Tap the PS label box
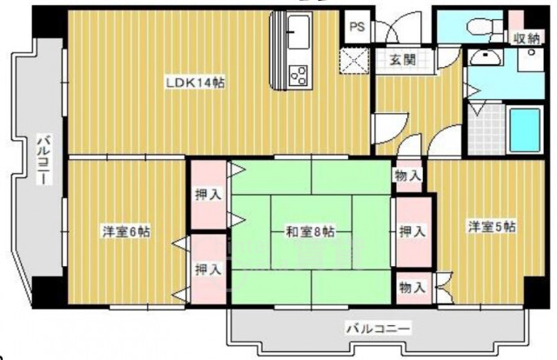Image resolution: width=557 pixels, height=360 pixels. (x=356, y=27)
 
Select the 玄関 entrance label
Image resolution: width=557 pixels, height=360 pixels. (x=401, y=59)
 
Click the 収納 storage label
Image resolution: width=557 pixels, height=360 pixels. (x=525, y=37)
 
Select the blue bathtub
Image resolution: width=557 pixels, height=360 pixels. (x=525, y=129)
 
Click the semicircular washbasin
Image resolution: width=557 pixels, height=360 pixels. (x=481, y=58)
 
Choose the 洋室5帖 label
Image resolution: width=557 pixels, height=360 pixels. (x=492, y=227)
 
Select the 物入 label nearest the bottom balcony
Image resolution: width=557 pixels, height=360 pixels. (x=412, y=286)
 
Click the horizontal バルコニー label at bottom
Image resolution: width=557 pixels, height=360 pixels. (x=378, y=330)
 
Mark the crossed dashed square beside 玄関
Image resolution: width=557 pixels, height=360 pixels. (x=354, y=60)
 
